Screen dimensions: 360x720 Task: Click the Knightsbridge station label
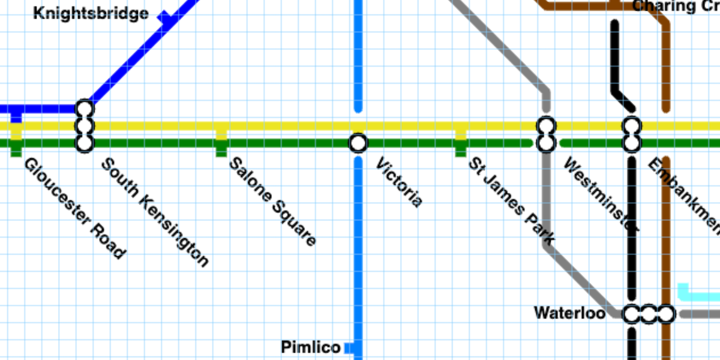pyautogui.click(x=91, y=13)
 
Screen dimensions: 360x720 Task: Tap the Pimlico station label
pyautogui.click(x=311, y=347)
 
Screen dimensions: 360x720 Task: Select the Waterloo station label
pyautogui.click(x=569, y=313)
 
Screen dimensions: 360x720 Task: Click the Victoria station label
pyautogui.click(x=399, y=182)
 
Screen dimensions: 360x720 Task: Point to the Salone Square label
pyautogui.click(x=273, y=202)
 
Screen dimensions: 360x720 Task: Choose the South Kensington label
pyautogui.click(x=155, y=212)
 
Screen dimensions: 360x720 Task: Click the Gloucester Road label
pyautogui.click(x=75, y=208)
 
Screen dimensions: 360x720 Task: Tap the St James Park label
pyautogui.click(x=511, y=201)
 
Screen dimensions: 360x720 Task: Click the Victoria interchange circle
pyautogui.click(x=358, y=143)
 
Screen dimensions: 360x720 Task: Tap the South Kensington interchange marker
pyautogui.click(x=85, y=126)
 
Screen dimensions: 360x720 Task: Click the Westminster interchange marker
pyautogui.click(x=546, y=135)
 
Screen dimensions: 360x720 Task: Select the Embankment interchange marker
pyautogui.click(x=631, y=135)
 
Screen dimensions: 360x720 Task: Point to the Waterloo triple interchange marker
pyautogui.click(x=649, y=314)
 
